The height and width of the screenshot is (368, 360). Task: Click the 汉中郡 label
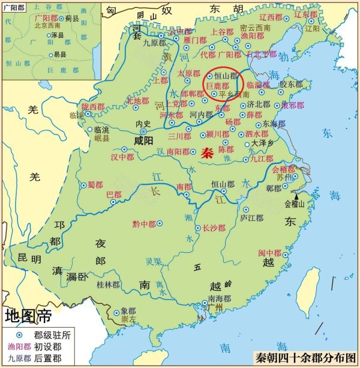[121, 157]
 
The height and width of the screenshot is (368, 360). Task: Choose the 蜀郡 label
[95, 184]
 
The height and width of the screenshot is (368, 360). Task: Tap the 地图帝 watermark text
[28, 315]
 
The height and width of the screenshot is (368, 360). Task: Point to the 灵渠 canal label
[154, 262]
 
